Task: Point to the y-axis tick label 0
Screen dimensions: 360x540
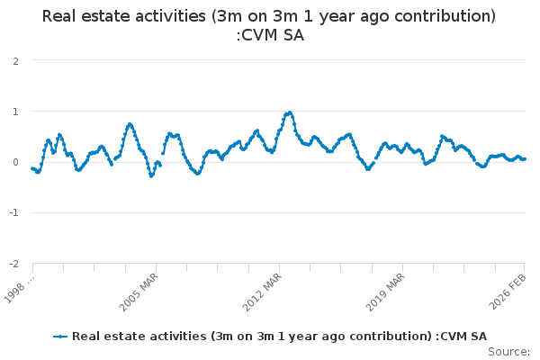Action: (x=16, y=162)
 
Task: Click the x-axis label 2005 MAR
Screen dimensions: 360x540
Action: (x=141, y=290)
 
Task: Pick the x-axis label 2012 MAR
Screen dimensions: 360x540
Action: (x=265, y=290)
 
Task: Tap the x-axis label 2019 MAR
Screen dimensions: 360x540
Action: (x=388, y=290)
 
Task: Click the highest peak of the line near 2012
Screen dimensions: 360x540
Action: (x=289, y=112)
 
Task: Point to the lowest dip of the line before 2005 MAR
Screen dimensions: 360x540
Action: (x=151, y=175)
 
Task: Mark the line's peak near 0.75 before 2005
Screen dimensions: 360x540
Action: (x=130, y=124)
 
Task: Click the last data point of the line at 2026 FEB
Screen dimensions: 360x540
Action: (x=525, y=158)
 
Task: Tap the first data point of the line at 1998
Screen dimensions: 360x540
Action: (x=32, y=168)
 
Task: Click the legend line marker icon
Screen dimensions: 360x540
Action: (x=61, y=337)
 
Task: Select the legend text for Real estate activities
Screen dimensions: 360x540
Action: (x=279, y=337)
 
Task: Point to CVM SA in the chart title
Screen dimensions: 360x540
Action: (x=275, y=36)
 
